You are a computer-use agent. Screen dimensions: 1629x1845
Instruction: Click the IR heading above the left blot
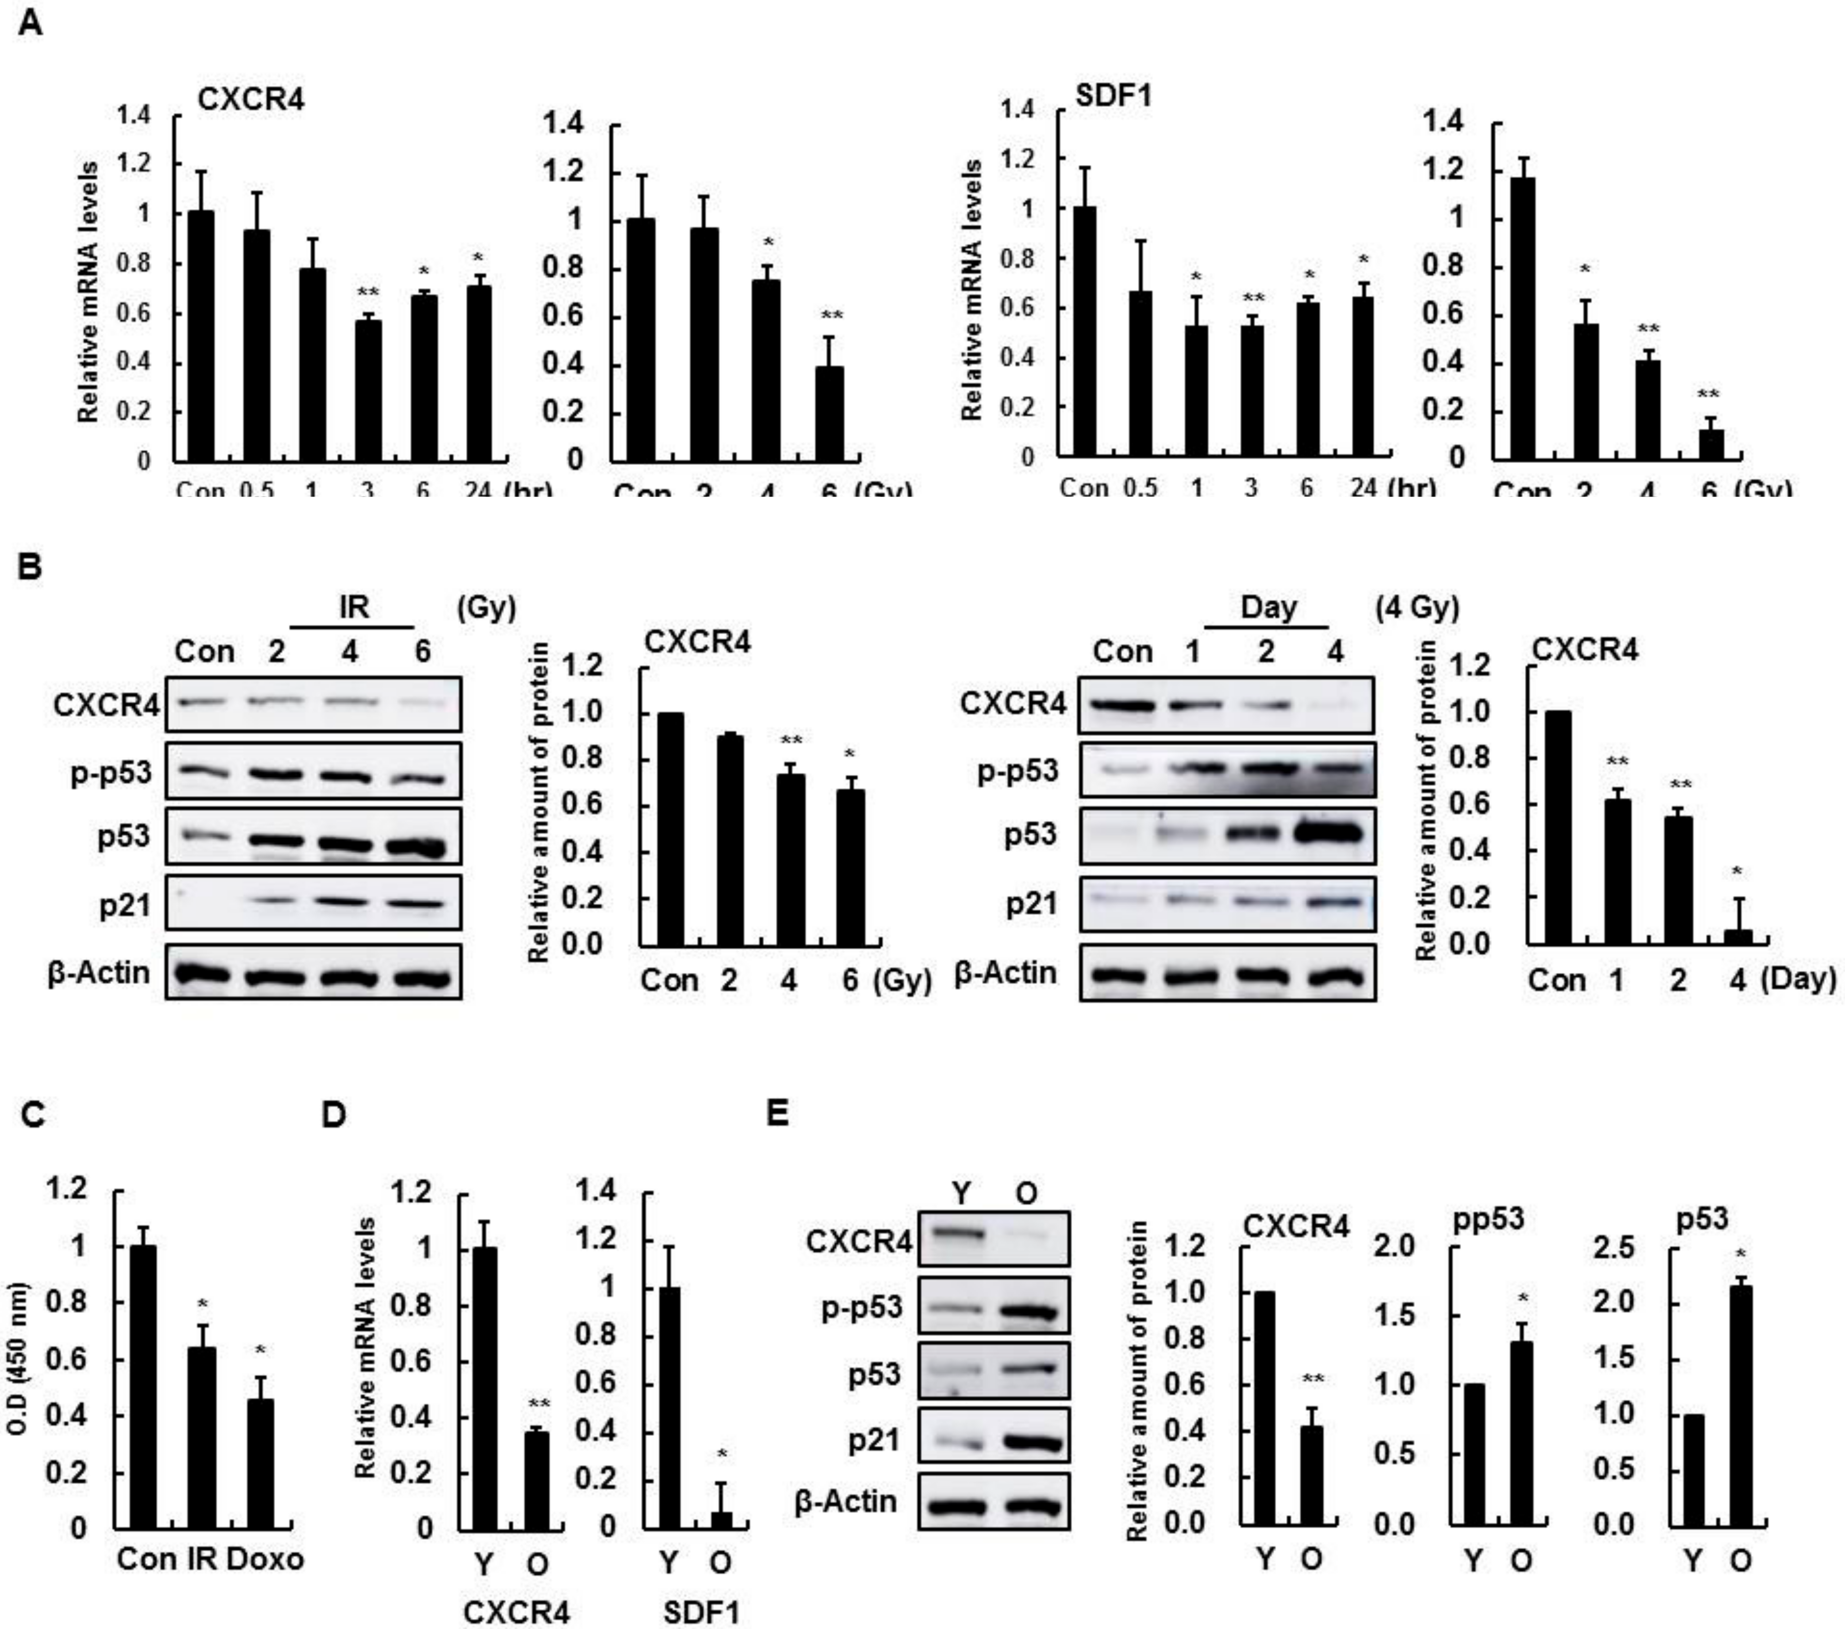[x=354, y=607]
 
